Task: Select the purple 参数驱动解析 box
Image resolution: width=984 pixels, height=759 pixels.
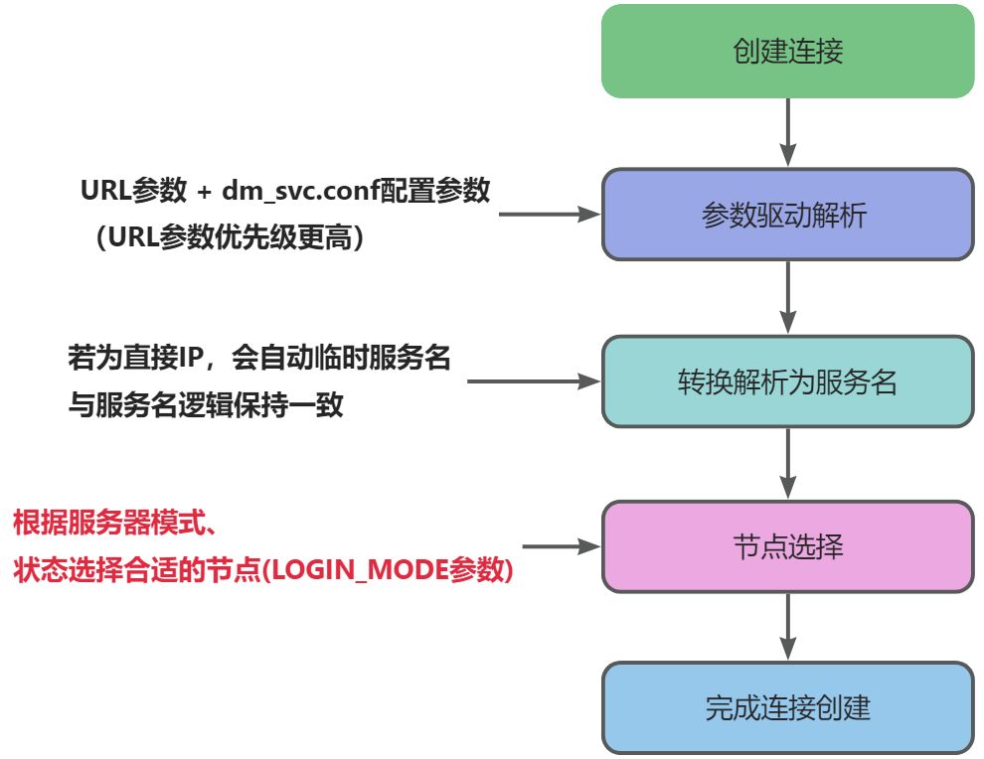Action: (x=787, y=215)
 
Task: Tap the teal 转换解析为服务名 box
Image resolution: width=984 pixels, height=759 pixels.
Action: (x=787, y=381)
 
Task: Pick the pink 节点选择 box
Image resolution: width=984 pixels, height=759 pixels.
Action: (x=787, y=546)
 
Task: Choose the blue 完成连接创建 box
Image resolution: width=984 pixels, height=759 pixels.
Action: (x=787, y=707)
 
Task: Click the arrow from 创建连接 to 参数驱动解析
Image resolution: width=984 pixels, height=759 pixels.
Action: (x=787, y=132)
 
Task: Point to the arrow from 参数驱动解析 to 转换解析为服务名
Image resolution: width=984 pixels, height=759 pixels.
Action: (x=787, y=297)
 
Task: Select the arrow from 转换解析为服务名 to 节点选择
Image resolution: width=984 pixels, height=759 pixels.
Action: (x=787, y=464)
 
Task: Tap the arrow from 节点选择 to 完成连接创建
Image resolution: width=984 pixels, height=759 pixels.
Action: (x=787, y=628)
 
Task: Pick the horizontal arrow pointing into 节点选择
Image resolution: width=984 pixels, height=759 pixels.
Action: (x=562, y=545)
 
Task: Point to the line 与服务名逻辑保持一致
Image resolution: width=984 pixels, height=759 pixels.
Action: (x=206, y=405)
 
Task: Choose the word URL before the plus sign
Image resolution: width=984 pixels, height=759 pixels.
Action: (x=104, y=191)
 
